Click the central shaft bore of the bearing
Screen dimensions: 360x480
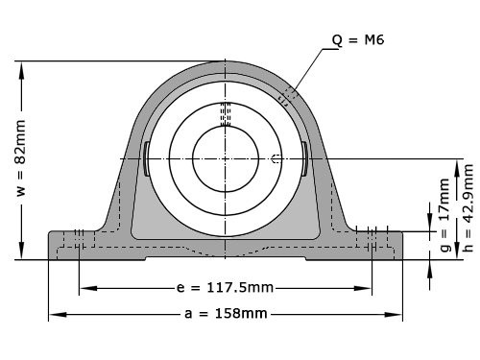pyautogui.click(x=226, y=158)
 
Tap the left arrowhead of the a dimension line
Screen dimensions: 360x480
pyautogui.click(x=54, y=314)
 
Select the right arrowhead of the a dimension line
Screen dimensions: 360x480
pyautogui.click(x=398, y=314)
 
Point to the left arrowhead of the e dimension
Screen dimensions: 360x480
pyautogui.click(x=84, y=287)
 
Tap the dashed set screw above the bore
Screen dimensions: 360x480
pyautogui.click(x=226, y=114)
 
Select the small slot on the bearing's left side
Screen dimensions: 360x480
pyautogui.click(x=146, y=158)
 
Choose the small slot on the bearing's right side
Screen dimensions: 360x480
pyautogui.click(x=304, y=158)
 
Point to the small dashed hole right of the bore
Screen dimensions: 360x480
pyautogui.click(x=276, y=158)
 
